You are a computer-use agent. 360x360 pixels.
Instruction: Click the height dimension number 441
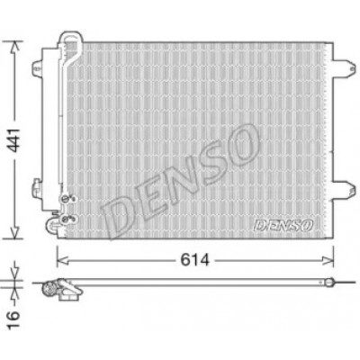point(14,139)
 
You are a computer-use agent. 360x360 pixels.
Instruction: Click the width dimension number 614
point(194,260)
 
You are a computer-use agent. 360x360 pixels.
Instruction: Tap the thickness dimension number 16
point(13,319)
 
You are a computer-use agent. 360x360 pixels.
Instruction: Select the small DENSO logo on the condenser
point(283,225)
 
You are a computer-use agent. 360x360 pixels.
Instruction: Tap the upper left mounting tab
point(37,67)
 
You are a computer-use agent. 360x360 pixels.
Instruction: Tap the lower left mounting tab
point(37,188)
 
